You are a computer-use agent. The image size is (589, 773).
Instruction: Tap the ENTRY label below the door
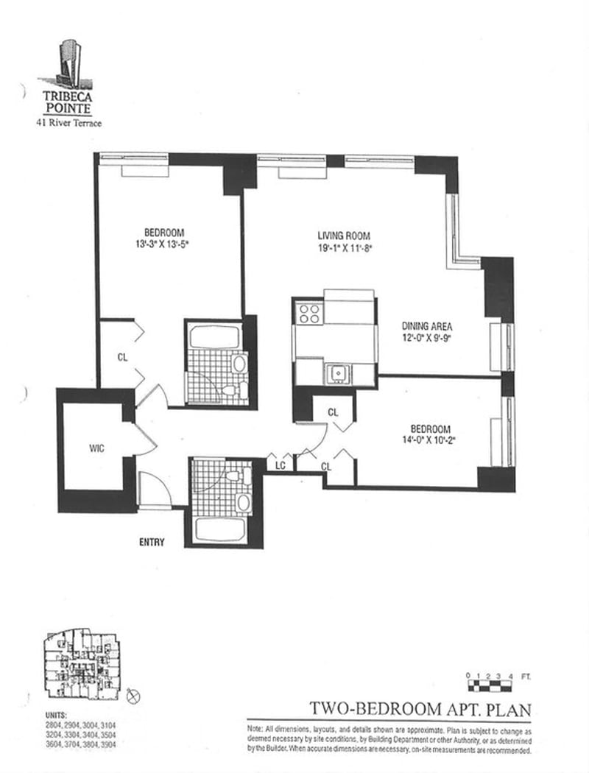pyautogui.click(x=152, y=543)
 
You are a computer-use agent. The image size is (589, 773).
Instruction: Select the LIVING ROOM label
pyautogui.click(x=344, y=236)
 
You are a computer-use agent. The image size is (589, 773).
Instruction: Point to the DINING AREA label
pyautogui.click(x=426, y=326)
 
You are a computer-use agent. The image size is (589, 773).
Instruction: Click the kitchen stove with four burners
pyautogui.click(x=309, y=314)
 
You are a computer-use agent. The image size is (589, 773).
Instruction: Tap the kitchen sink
pyautogui.click(x=338, y=373)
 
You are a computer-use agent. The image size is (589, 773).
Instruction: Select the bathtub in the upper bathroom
pyautogui.click(x=214, y=337)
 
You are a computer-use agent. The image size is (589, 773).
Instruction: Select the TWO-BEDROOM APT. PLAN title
pyautogui.click(x=420, y=709)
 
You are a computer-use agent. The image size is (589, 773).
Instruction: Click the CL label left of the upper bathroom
pyautogui.click(x=123, y=358)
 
